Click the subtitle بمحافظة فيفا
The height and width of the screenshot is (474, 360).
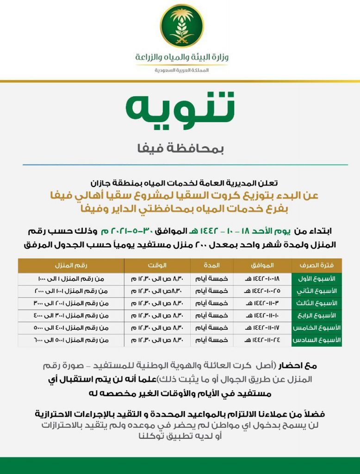pos(180,149)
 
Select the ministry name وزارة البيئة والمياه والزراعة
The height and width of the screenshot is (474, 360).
pos(182,58)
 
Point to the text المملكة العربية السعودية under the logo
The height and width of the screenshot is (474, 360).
pos(182,70)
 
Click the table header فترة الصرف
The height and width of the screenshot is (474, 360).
pos(317,266)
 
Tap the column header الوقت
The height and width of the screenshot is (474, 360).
pos(157,266)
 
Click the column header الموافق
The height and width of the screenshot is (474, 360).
pos(262,266)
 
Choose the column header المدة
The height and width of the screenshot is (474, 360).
pos(211,266)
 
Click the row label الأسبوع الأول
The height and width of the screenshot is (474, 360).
pos(317,279)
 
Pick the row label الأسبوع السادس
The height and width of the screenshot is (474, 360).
pos(317,340)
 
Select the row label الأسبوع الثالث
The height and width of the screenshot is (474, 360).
pos(317,303)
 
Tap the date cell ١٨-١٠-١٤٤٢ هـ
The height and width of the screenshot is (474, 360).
pos(262,279)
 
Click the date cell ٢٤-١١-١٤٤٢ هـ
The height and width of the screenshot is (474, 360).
pos(262,340)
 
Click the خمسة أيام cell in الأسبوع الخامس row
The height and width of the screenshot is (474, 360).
pos(211,327)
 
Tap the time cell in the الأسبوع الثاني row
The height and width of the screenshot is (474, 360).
pos(157,291)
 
